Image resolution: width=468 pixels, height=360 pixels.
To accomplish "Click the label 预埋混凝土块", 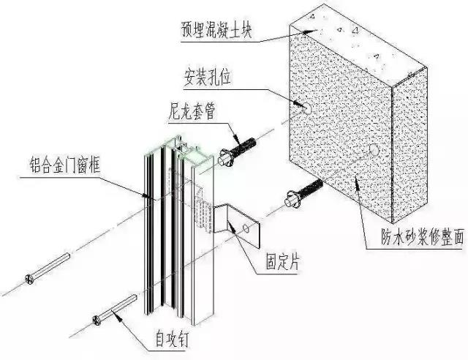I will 222,31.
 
